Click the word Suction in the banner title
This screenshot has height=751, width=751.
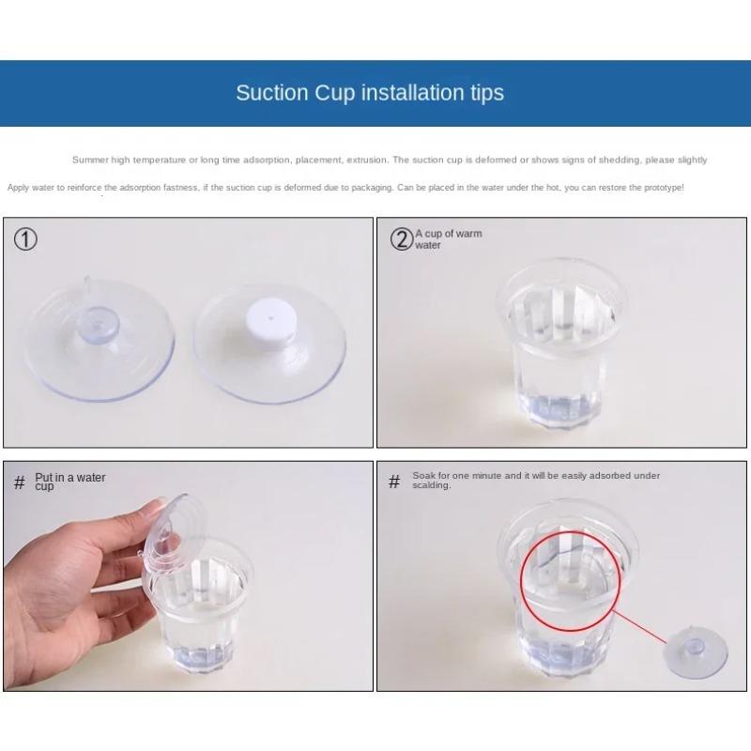(272, 92)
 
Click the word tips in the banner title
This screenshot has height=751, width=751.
(486, 93)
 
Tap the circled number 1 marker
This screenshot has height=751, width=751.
(25, 239)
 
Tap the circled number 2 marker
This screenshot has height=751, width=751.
(402, 239)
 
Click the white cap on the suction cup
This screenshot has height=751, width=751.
(271, 318)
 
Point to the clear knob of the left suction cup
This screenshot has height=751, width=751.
(100, 325)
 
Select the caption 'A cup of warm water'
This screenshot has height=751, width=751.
(449, 239)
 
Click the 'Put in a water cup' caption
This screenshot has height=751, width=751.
(69, 482)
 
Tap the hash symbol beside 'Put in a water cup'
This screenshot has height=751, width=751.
(19, 482)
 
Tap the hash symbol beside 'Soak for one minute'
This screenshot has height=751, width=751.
(394, 482)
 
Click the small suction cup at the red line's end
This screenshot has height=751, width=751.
(695, 651)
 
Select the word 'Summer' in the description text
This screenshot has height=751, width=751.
(90, 160)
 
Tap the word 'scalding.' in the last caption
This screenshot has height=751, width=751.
(432, 485)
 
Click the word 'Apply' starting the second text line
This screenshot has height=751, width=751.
(18, 188)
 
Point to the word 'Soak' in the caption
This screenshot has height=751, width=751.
(423, 476)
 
